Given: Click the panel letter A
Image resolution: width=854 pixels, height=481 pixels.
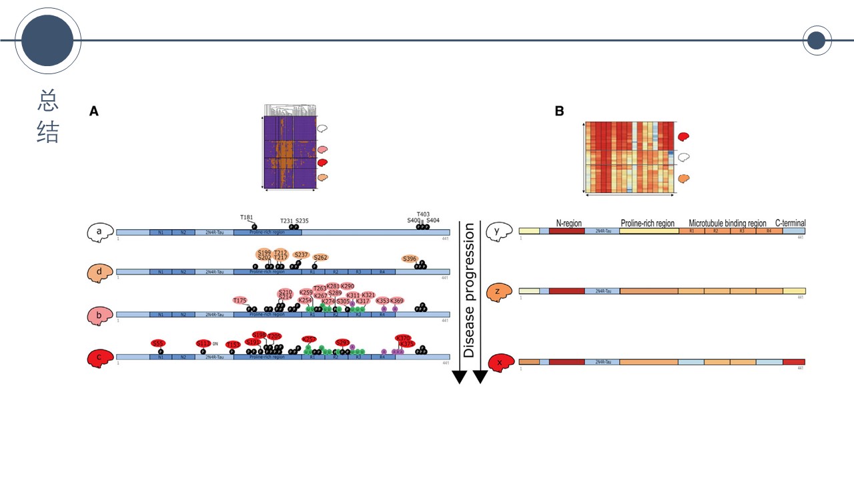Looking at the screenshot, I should (94, 112).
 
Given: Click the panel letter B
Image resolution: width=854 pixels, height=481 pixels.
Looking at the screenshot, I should (559, 112).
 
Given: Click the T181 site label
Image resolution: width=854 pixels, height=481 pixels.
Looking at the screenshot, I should (247, 217).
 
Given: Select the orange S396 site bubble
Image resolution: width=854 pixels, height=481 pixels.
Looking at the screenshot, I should (410, 259).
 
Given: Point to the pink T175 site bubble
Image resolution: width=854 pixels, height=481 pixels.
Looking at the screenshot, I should (240, 300).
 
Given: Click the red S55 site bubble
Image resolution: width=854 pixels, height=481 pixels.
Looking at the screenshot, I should (158, 343).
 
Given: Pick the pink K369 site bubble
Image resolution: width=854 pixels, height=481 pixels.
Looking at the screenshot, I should (397, 301).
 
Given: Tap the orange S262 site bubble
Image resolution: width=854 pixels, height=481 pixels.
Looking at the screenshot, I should (320, 257).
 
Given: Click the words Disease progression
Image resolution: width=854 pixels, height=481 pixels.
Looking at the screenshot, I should (469, 291).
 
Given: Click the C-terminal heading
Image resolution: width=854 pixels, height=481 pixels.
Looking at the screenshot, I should (790, 223).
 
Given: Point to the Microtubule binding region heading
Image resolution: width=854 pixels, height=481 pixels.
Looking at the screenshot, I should (727, 223).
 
